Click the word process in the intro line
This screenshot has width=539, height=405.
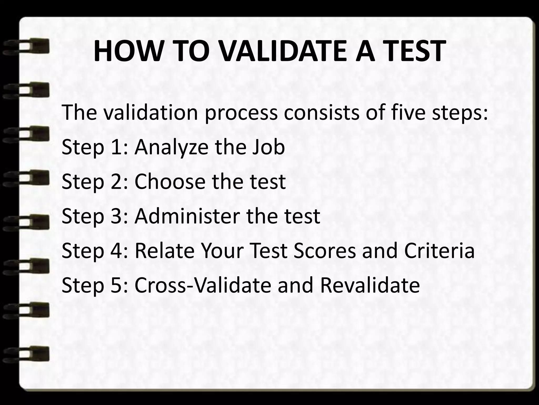pyautogui.click(x=241, y=113)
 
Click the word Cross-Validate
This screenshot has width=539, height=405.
pyautogui.click(x=203, y=285)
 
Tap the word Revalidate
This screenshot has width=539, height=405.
pyautogui.click(x=370, y=285)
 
